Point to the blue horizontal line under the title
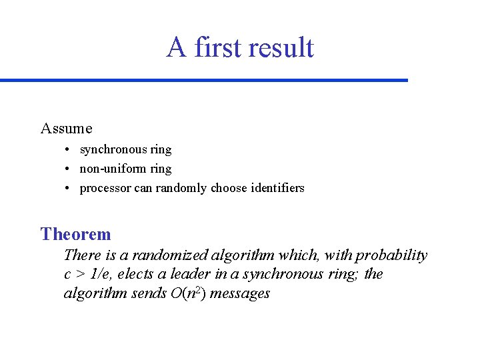(203, 80)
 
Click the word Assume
(66, 128)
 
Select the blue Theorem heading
(75, 234)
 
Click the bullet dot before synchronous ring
(69, 150)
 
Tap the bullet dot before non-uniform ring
(69, 169)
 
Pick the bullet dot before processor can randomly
(69, 189)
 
